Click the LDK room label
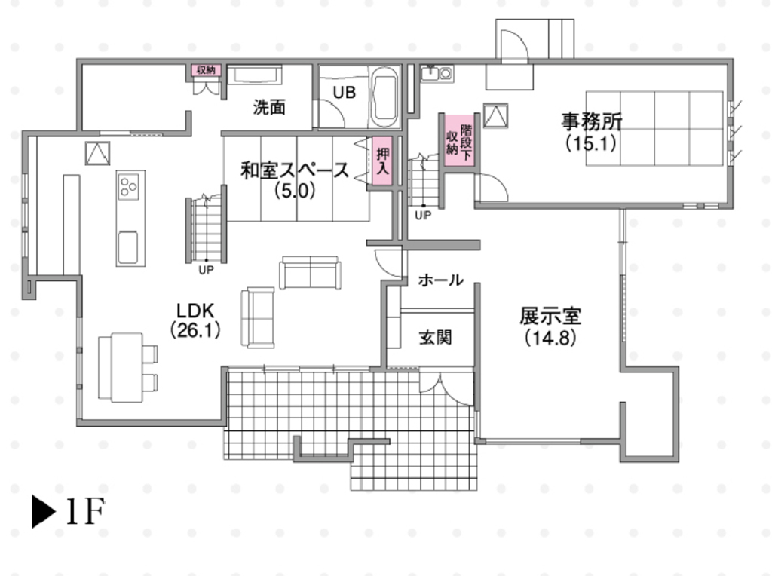click(x=195, y=311)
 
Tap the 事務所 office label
click(x=592, y=121)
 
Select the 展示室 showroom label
click(x=550, y=317)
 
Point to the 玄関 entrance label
click(x=435, y=338)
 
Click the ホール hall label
click(x=440, y=280)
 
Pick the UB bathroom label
click(x=344, y=92)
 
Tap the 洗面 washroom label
click(x=269, y=107)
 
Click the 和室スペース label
click(x=295, y=170)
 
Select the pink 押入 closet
click(x=382, y=161)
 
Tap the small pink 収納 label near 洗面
click(x=207, y=70)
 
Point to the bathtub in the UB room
click(x=384, y=97)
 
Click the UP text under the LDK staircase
click(x=206, y=270)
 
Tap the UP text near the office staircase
click(x=423, y=215)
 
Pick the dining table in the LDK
click(x=121, y=366)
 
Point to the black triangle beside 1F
click(x=43, y=512)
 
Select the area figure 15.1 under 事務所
click(x=591, y=143)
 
